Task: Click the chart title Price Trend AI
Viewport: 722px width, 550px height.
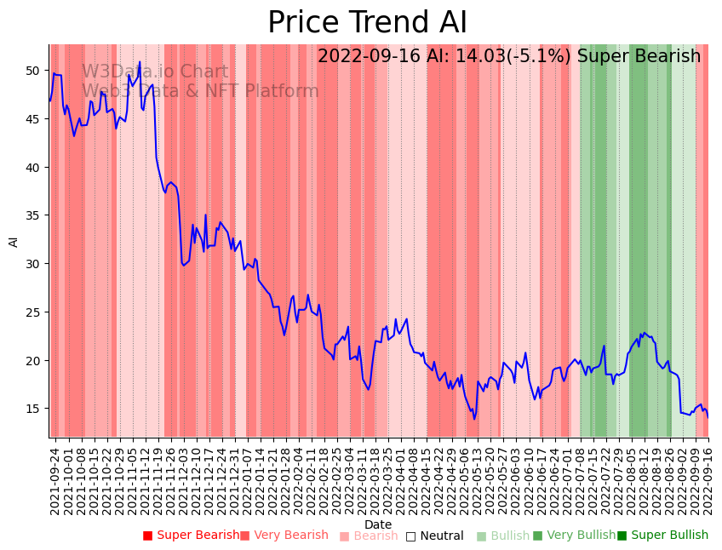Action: click(367, 23)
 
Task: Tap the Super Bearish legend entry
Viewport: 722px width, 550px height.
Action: click(192, 536)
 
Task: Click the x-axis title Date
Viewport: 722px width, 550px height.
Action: click(378, 524)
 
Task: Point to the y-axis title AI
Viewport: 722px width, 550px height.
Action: click(14, 241)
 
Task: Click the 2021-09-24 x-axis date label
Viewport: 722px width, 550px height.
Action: click(54, 479)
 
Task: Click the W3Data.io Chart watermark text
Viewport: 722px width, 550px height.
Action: click(155, 72)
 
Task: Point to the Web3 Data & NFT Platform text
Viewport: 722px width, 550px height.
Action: click(200, 92)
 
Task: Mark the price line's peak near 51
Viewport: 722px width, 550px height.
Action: click(140, 62)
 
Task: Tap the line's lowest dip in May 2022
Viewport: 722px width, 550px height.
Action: click(474, 418)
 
